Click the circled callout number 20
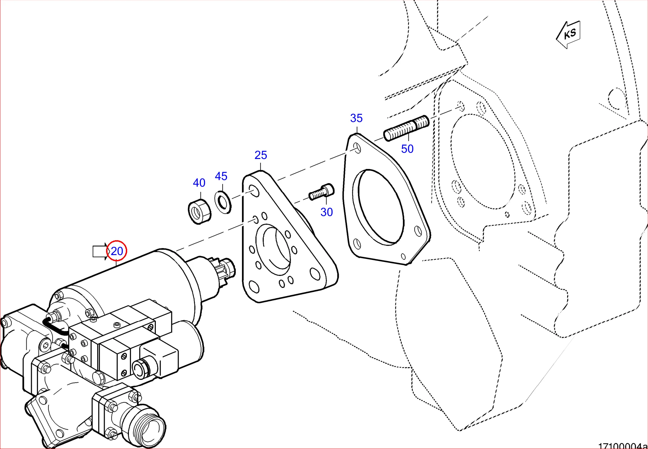click(117, 251)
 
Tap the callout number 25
click(261, 155)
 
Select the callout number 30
click(327, 212)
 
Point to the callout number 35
click(356, 118)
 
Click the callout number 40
click(199, 183)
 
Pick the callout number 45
click(221, 176)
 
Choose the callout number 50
click(407, 149)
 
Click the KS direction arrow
click(569, 34)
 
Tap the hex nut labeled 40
click(199, 211)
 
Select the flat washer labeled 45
click(223, 202)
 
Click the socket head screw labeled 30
click(322, 192)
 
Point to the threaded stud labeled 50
click(406, 128)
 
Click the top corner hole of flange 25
click(254, 191)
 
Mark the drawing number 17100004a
click(622, 446)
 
